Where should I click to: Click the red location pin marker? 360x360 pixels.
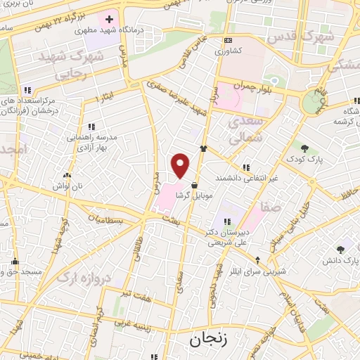[x=181, y=165]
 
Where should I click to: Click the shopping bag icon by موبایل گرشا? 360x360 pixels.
[x=193, y=186]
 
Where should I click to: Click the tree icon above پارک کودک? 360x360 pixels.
[x=304, y=148]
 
